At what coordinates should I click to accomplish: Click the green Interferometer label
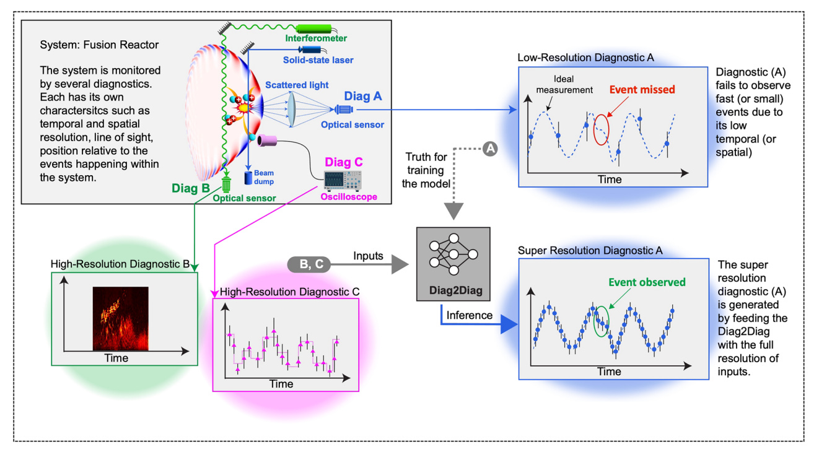click(316, 38)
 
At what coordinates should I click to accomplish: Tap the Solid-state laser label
click(318, 60)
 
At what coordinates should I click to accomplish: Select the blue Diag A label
click(362, 96)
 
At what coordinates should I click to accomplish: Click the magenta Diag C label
click(344, 162)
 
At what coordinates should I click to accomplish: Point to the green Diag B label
click(190, 188)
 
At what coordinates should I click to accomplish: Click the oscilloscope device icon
click(343, 181)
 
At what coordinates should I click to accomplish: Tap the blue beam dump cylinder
click(248, 178)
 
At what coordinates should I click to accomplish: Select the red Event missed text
click(642, 90)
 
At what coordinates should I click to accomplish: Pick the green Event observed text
click(647, 282)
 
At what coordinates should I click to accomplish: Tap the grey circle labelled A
click(490, 149)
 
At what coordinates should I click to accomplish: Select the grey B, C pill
click(309, 264)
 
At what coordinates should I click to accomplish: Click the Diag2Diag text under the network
click(455, 290)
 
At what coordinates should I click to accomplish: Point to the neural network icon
click(453, 254)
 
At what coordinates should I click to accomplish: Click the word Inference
click(469, 315)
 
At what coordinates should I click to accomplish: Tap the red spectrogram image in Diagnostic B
click(121, 319)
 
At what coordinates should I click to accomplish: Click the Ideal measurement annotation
click(564, 84)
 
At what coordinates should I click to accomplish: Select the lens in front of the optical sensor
click(291, 109)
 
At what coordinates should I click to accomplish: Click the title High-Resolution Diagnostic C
click(289, 292)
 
